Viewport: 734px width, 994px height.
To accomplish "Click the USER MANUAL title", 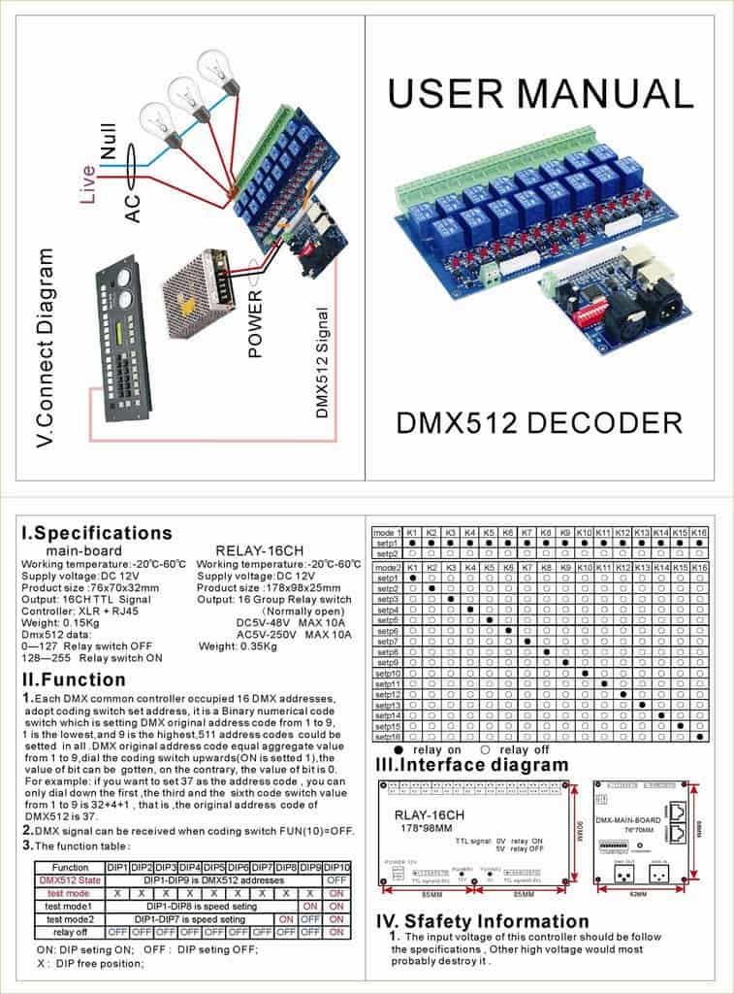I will click(540, 93).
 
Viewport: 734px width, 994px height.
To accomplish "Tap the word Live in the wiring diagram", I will click(89, 182).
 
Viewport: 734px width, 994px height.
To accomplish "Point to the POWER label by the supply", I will click(256, 323).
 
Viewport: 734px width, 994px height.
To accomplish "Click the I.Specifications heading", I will click(97, 533).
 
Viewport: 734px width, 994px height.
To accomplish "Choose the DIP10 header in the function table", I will click(337, 867).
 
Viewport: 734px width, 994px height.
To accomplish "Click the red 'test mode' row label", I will click(69, 893).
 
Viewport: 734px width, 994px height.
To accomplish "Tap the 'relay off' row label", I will click(69, 931).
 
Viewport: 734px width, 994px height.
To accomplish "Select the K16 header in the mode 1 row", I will click(699, 534).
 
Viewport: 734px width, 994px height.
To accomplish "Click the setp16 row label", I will click(388, 737).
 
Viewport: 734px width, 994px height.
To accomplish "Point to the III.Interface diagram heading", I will click(471, 764).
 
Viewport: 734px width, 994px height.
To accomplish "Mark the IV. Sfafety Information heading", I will click(482, 920).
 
